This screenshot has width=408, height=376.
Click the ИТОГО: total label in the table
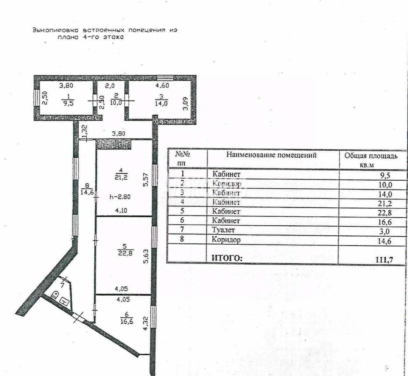click(x=227, y=258)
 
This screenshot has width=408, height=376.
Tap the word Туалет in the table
click(x=223, y=230)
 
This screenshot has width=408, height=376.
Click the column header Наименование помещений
click(x=271, y=155)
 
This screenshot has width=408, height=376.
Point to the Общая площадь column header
click(x=370, y=156)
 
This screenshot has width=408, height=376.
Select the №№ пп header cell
click(x=182, y=158)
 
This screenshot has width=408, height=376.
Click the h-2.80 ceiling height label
click(x=120, y=197)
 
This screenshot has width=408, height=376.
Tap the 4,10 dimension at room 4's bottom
click(x=121, y=210)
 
